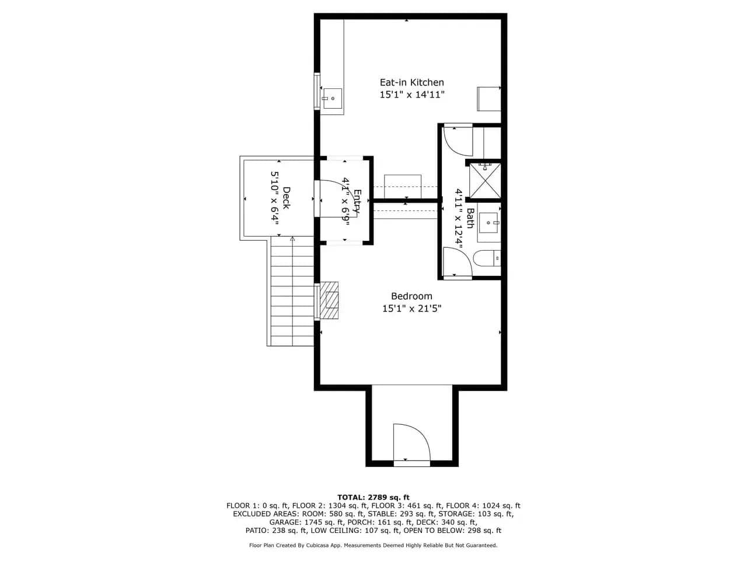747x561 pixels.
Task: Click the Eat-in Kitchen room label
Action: tap(412, 82)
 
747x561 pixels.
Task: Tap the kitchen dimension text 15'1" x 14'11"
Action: tap(412, 95)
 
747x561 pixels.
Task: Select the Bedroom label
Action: tap(411, 296)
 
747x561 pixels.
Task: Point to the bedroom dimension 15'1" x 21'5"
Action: tap(412, 309)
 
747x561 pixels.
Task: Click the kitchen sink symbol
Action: tap(332, 98)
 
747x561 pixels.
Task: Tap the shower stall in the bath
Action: tap(485, 180)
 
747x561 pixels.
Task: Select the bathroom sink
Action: tap(488, 223)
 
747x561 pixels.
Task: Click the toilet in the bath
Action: tap(487, 258)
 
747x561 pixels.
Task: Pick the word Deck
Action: tap(286, 198)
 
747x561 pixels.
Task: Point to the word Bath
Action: tap(470, 218)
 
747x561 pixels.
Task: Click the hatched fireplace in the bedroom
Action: tap(329, 300)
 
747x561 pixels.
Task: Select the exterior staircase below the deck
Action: tap(292, 291)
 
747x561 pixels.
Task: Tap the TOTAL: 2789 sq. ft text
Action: tap(373, 497)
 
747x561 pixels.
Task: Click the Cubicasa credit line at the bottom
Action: tap(373, 545)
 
